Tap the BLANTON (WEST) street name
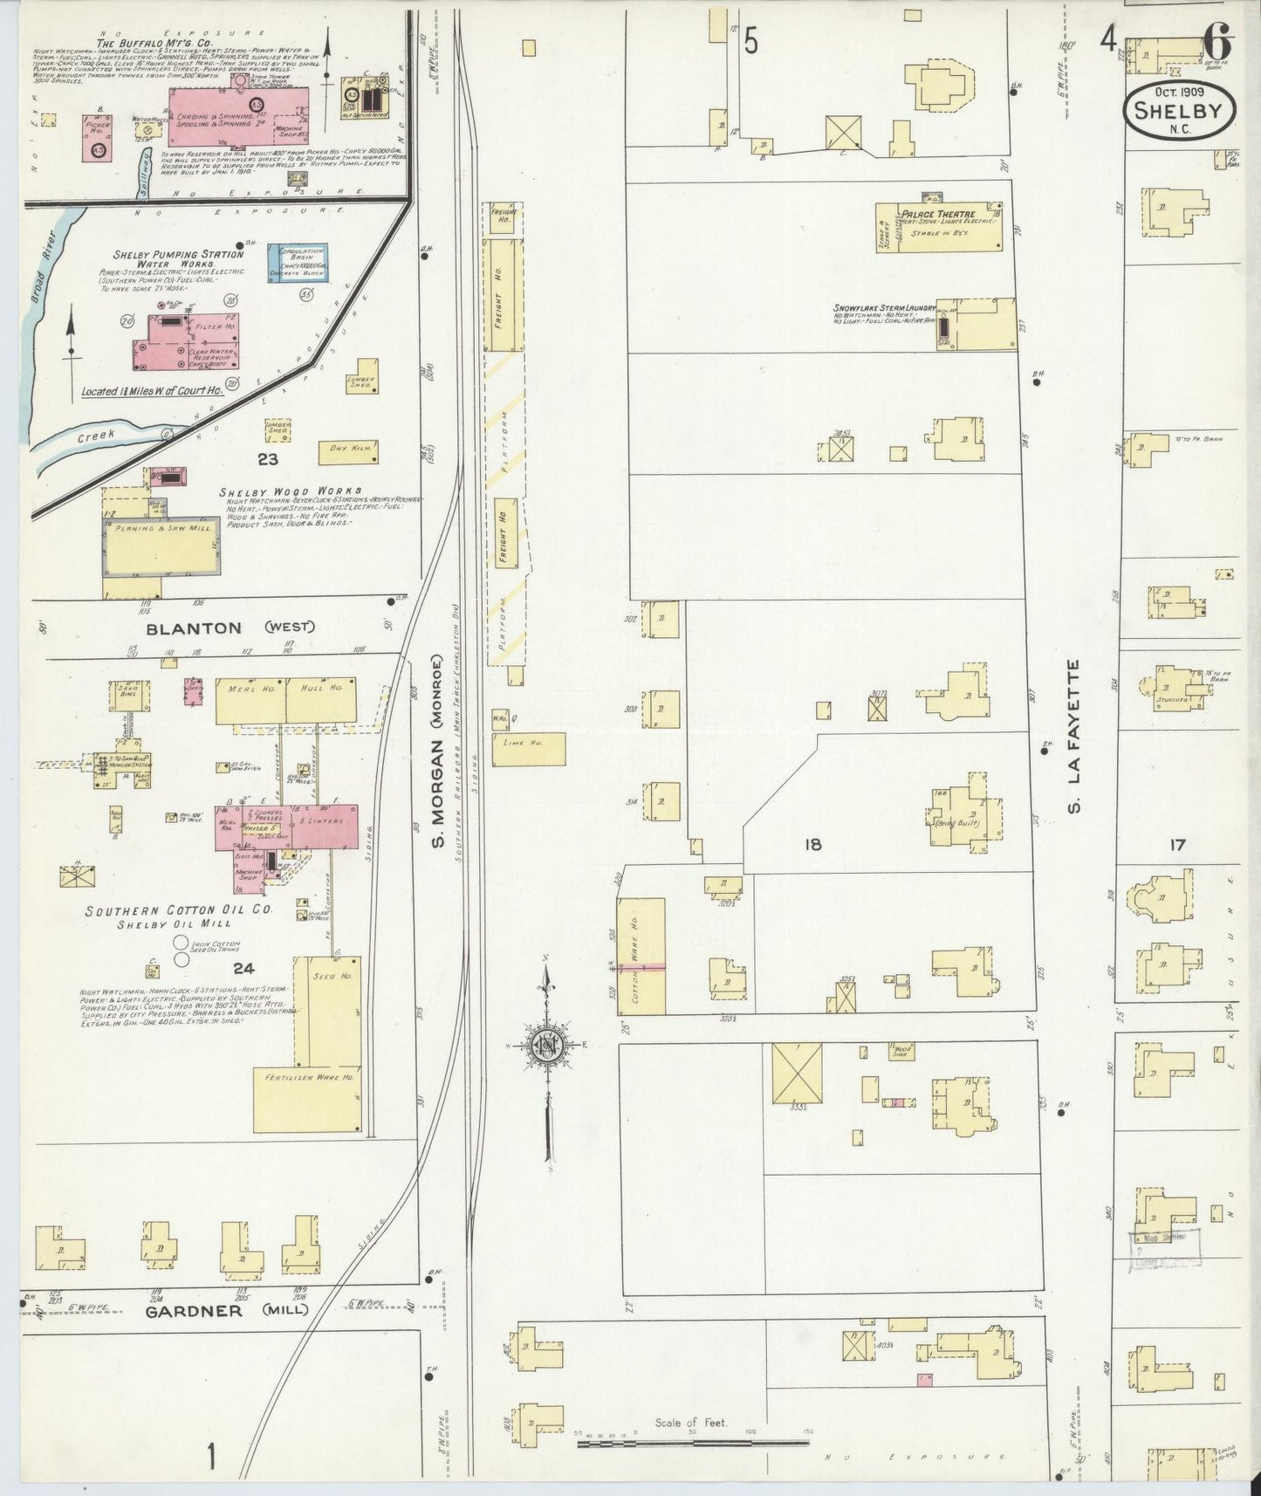point(230,628)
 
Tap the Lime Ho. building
point(528,748)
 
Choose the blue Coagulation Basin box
point(298,263)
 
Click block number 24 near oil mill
point(243,967)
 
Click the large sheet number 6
point(1215,39)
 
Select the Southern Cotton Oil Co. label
point(179,910)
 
